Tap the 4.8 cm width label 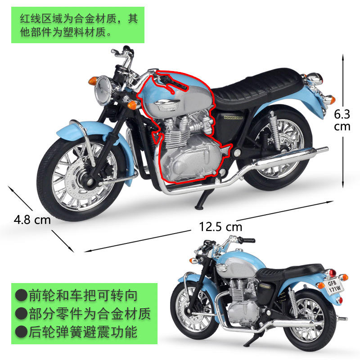tap(32, 220)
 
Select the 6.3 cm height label tap(342, 119)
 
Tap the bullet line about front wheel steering tap(76, 296)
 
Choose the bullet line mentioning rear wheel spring tap(76, 333)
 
